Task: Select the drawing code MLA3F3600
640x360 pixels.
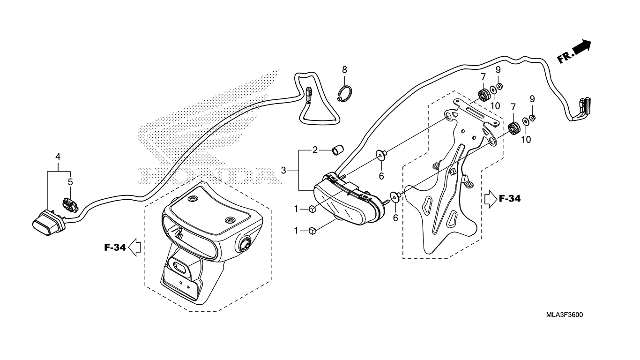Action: pyautogui.click(x=564, y=315)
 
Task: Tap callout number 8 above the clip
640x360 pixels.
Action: pyautogui.click(x=344, y=69)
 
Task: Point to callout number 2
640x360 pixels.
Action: pyautogui.click(x=315, y=150)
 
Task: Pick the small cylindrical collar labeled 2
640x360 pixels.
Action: pyautogui.click(x=337, y=150)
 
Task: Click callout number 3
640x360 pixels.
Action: pyautogui.click(x=283, y=171)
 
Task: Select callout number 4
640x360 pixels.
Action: pyautogui.click(x=58, y=157)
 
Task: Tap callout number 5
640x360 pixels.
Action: pyautogui.click(x=70, y=182)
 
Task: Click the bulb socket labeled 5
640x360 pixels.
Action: pyautogui.click(x=69, y=204)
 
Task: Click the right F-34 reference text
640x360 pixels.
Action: pyautogui.click(x=510, y=198)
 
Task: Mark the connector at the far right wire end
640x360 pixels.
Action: pyautogui.click(x=583, y=106)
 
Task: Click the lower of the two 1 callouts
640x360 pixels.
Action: pyautogui.click(x=296, y=230)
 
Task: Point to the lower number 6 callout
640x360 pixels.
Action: pyautogui.click(x=395, y=218)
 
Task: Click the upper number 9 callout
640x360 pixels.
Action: pyautogui.click(x=498, y=69)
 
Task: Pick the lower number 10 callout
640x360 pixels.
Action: pyautogui.click(x=526, y=140)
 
